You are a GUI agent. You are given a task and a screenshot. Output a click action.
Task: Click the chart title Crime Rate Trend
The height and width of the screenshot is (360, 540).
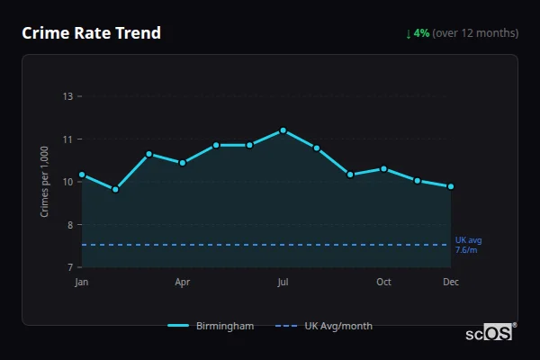coord(91,33)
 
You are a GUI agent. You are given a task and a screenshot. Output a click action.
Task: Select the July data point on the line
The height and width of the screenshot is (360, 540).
coord(283,130)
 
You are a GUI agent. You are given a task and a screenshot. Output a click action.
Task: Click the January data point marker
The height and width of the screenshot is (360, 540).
coord(82,175)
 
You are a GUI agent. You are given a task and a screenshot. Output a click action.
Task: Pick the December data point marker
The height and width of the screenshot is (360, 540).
coord(451,186)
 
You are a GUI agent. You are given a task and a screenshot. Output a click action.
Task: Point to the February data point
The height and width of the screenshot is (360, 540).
coord(115,189)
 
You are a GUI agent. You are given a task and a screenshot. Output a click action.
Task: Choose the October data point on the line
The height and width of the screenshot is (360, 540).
coord(383,168)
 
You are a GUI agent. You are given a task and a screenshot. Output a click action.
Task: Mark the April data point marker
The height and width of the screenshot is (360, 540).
coord(183,163)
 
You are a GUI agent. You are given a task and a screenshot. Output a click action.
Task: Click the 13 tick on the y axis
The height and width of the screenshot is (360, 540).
coord(67,96)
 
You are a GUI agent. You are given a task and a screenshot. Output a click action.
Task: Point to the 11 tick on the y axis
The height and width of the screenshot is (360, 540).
coord(67,139)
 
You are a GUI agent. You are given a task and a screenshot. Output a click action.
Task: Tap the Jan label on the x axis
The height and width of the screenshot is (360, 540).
coord(82,283)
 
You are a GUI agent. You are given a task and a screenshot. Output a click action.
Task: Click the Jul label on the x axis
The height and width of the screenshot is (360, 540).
coord(283,283)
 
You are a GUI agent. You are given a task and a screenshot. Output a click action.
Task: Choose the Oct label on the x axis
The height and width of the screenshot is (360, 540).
coord(383,283)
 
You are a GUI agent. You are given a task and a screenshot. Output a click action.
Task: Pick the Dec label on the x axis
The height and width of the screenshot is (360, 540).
coord(451,283)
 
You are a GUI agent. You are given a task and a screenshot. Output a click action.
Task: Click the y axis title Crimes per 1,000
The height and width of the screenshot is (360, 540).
coord(45,181)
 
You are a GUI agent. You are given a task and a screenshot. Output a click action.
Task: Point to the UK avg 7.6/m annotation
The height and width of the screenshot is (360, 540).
coord(468,245)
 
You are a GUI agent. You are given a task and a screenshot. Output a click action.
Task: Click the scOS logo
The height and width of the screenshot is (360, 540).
coord(490,333)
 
